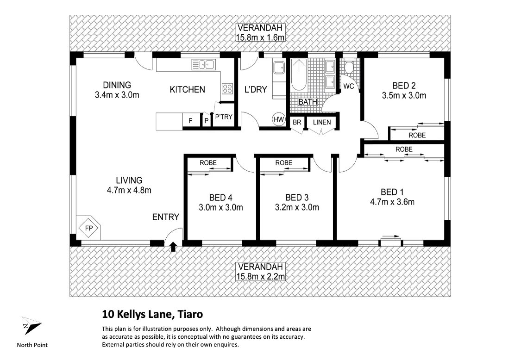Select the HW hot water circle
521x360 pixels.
[278, 119]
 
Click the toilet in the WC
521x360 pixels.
[349, 68]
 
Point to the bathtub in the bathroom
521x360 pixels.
[299, 75]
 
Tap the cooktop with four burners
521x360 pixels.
[227, 88]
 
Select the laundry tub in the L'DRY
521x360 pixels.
[279, 68]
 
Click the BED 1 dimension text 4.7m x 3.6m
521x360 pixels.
[392, 202]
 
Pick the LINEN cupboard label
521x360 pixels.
[322, 122]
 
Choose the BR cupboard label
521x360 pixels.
[296, 122]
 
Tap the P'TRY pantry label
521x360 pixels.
[223, 117]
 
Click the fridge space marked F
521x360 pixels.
[190, 121]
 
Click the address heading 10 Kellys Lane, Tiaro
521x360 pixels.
[152, 315]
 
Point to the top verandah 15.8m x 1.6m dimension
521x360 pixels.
[260, 37]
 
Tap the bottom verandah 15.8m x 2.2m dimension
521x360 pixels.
[260, 276]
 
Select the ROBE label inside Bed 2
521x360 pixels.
[417, 135]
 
